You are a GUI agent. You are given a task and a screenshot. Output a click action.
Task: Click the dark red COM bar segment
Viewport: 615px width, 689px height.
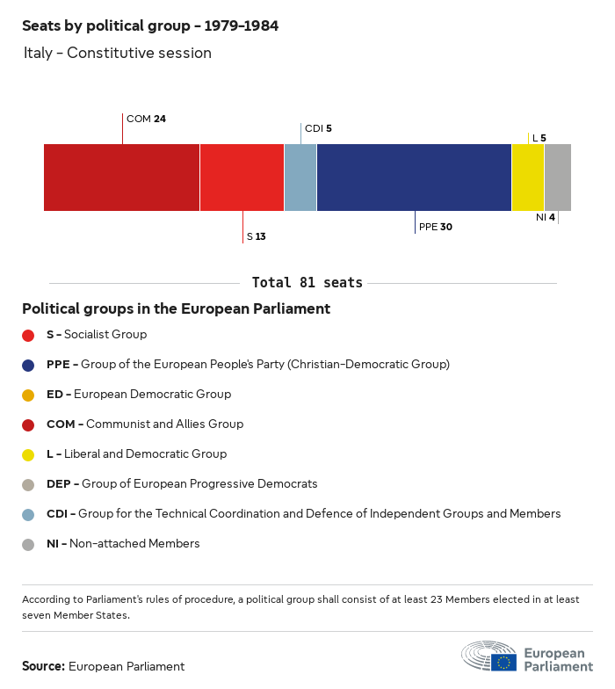(x=121, y=178)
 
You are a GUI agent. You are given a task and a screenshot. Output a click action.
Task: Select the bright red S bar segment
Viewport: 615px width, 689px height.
(x=242, y=178)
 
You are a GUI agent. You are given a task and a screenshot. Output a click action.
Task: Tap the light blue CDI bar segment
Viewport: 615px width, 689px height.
(x=300, y=178)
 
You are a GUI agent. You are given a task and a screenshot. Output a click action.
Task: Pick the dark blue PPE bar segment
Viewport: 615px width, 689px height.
(x=414, y=178)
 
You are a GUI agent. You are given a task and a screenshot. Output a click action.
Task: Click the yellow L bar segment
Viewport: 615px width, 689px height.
(x=528, y=178)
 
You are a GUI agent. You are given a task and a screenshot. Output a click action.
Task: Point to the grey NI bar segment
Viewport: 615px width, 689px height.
(x=558, y=178)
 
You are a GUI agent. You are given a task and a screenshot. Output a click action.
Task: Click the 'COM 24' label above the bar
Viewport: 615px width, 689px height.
(x=146, y=119)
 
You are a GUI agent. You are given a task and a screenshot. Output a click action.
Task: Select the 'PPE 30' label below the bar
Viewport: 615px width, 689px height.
(x=436, y=227)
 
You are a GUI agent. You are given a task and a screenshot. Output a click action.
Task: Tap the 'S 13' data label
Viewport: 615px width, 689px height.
(x=257, y=236)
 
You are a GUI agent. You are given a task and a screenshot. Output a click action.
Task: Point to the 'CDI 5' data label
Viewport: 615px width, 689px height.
(x=318, y=128)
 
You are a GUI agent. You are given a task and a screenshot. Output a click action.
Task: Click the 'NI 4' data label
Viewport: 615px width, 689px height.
(x=545, y=217)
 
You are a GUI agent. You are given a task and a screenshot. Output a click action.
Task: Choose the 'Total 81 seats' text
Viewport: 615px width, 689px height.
(x=307, y=283)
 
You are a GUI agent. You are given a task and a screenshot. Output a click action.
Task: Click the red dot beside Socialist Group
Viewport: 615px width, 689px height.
(x=28, y=335)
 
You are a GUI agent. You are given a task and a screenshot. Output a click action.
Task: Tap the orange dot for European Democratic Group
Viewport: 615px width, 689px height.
(x=28, y=395)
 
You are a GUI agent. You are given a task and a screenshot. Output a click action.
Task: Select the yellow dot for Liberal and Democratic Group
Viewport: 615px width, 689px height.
(x=28, y=454)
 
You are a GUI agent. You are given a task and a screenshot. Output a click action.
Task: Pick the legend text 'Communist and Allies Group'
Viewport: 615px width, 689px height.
(x=164, y=424)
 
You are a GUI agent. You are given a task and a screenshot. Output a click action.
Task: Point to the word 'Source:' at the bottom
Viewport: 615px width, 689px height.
(x=43, y=666)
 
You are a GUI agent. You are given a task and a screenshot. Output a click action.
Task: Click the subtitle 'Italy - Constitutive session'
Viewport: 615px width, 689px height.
(x=118, y=53)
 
